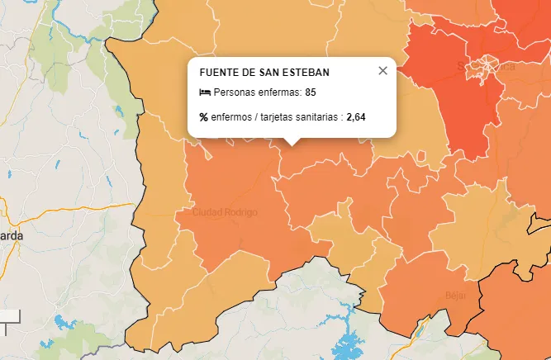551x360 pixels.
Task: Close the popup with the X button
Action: point(382,71)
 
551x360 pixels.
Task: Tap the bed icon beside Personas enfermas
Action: point(204,92)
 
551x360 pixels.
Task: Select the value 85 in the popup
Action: point(311,92)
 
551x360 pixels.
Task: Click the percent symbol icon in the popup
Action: point(204,117)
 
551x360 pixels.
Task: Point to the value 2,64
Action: point(356,117)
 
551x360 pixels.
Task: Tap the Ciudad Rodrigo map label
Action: point(225,212)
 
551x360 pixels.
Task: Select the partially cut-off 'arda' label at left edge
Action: point(12,235)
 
